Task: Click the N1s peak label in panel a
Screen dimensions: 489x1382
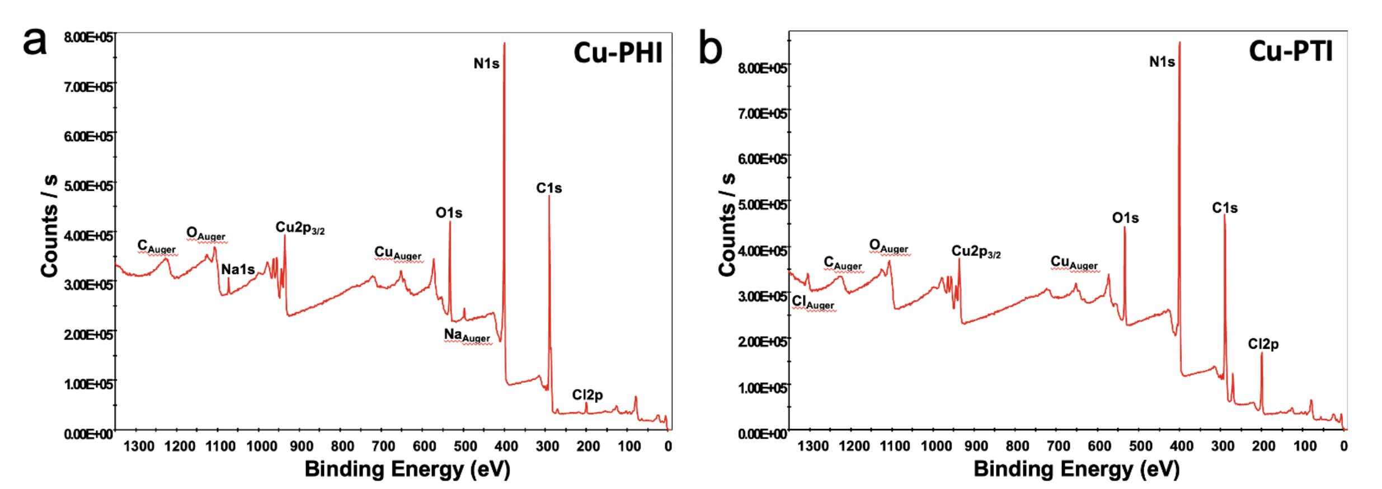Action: click(x=486, y=64)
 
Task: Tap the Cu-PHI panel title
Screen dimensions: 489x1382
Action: click(x=618, y=53)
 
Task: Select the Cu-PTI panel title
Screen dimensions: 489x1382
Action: click(x=1290, y=51)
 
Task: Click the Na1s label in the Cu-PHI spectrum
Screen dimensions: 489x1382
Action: click(x=238, y=270)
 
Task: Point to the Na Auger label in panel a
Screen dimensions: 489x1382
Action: click(x=467, y=335)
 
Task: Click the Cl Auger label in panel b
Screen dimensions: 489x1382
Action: click(x=812, y=302)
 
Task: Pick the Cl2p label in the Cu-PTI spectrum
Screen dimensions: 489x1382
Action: click(x=1263, y=344)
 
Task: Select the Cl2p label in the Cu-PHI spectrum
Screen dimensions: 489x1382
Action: click(x=587, y=395)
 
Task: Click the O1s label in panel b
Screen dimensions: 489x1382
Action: click(x=1125, y=218)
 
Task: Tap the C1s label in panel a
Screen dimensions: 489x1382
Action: click(x=548, y=188)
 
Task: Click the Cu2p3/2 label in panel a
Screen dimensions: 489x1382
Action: click(x=300, y=228)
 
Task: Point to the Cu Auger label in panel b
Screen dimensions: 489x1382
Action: click(x=1074, y=262)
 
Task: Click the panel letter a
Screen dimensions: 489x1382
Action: click(x=34, y=41)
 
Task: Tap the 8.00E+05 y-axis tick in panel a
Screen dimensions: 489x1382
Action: click(x=88, y=37)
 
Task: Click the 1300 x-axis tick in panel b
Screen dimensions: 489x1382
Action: click(x=813, y=446)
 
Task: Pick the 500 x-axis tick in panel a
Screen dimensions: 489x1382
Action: click(x=466, y=446)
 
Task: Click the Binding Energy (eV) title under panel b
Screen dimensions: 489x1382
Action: click(x=1076, y=469)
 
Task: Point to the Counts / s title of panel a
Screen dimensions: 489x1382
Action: click(x=50, y=225)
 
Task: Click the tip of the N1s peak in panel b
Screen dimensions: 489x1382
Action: click(x=1179, y=42)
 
